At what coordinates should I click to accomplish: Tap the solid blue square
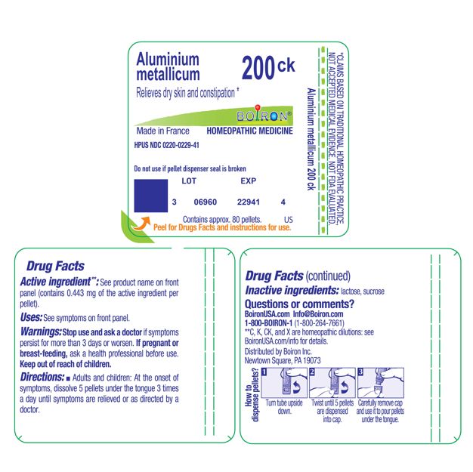click(150, 195)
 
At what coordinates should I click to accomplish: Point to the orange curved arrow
click(139, 222)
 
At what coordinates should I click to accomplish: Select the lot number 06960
click(205, 202)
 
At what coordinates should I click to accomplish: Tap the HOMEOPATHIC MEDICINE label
click(249, 131)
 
